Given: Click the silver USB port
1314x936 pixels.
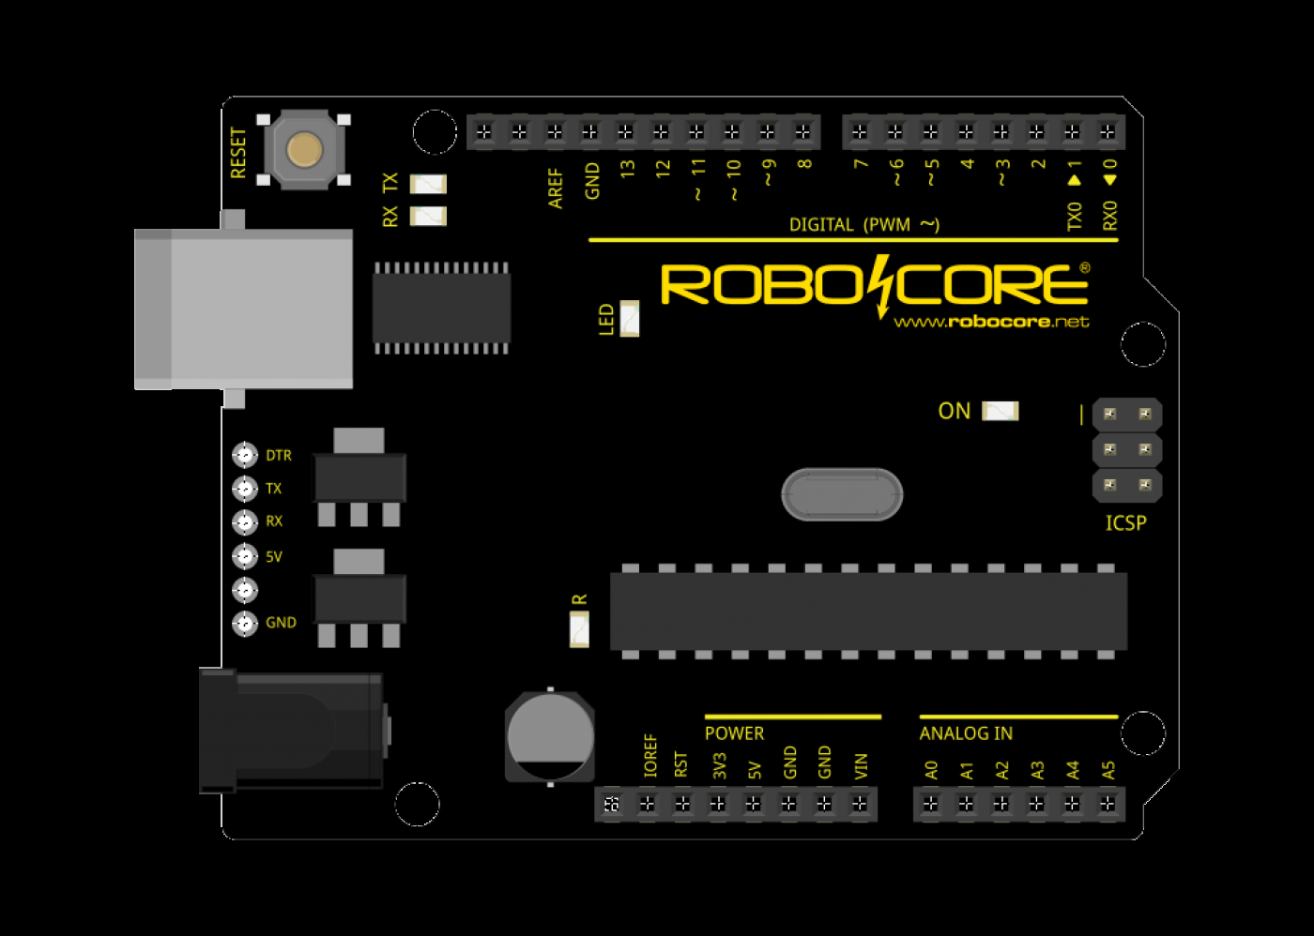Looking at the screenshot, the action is [244, 309].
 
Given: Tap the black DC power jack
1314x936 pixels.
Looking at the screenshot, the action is [291, 731].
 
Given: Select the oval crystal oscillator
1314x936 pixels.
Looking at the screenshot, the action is [842, 494].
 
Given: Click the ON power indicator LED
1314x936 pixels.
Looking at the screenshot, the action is [1000, 411].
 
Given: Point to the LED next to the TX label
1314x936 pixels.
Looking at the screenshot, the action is [428, 184].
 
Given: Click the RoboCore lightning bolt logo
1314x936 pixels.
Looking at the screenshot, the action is [880, 285].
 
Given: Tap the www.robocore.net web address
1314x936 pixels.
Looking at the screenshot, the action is [991, 322].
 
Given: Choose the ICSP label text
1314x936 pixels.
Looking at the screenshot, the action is [1125, 523].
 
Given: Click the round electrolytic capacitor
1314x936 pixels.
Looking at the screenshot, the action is [550, 736].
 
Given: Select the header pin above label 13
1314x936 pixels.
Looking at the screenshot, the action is [626, 132].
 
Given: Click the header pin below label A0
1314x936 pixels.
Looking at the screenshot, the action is [930, 804].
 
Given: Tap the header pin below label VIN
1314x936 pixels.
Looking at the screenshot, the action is [860, 804].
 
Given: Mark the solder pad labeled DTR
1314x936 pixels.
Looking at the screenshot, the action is [245, 455].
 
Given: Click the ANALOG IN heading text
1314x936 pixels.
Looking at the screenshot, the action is [966, 733].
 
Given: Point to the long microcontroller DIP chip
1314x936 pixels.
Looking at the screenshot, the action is [868, 611].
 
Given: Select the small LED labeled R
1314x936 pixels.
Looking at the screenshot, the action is [579, 628].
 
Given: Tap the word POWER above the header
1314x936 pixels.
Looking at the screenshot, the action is [734, 733].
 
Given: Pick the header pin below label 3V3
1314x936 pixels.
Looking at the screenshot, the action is [718, 804].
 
